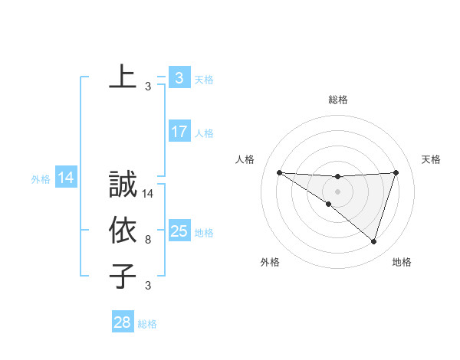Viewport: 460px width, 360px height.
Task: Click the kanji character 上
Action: coord(123,77)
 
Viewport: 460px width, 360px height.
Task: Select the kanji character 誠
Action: coord(123,185)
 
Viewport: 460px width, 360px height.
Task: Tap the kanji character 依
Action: coord(123,231)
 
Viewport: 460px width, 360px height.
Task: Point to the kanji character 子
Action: coord(123,277)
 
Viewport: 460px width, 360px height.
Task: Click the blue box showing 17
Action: coord(179,132)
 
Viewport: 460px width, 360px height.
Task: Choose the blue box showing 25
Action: coord(179,231)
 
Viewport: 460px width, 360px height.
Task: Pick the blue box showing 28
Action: coord(123,322)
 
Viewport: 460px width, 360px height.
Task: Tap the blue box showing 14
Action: coord(66,178)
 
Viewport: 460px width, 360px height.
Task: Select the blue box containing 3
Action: coord(179,78)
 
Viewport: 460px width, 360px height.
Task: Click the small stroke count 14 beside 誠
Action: coord(149,194)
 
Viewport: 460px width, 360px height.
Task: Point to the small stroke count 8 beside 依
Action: coord(148,240)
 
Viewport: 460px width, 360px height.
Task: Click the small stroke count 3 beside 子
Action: coord(148,286)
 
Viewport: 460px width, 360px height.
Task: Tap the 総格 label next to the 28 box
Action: coord(147,324)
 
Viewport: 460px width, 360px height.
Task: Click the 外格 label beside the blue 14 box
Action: coord(41,179)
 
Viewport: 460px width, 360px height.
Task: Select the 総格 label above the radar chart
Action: coord(337,100)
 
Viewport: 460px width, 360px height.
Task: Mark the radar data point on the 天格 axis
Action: coord(396,172)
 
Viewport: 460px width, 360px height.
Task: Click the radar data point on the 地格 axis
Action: coord(373,241)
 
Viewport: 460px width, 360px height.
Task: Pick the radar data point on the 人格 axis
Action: coord(279,172)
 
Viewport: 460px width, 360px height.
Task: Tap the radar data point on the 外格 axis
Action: coord(329,204)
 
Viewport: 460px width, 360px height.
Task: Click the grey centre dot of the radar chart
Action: coord(337,191)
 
